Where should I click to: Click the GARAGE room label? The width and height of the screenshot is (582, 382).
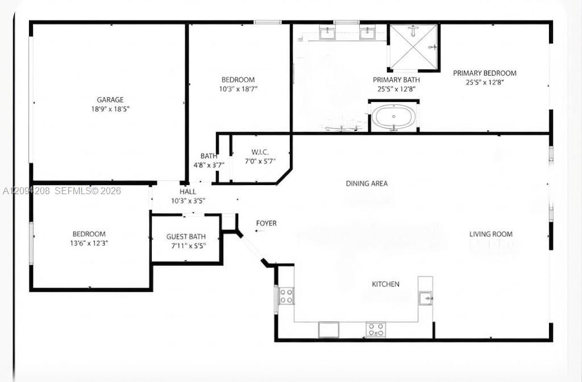coord(110,100)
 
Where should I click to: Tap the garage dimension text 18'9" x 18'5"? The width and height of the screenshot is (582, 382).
coord(110,109)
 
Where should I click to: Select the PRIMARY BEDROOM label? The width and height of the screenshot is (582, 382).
coord(484,73)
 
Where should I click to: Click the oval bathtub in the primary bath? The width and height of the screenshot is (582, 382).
coord(394,117)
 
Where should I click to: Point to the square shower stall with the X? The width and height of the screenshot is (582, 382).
coord(414,47)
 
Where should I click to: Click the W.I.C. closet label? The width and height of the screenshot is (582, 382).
coord(260,152)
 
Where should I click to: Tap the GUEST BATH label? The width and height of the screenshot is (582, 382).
coord(186,237)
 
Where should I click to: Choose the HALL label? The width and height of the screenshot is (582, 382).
coord(188,192)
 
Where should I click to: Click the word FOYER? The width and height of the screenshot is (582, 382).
coord(266,223)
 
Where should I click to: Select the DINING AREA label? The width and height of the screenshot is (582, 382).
coord(367,183)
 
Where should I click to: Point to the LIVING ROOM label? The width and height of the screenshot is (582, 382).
coord(490,234)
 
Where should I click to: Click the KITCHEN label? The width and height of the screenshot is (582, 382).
coord(386,284)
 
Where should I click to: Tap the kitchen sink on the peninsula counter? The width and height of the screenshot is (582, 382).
coord(425,298)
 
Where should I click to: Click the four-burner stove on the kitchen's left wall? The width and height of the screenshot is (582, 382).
coord(286,295)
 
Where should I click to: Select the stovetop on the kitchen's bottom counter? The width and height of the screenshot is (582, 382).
coord(376,330)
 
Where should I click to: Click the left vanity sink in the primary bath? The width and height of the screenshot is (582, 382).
coord(327,32)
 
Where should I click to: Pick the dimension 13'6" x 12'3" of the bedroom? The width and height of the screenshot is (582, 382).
coord(89,243)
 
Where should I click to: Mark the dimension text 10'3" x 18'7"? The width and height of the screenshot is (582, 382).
coord(238,89)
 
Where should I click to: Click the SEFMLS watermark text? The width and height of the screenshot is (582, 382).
coord(73,191)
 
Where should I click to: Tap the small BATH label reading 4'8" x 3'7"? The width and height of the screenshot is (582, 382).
coord(209,161)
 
